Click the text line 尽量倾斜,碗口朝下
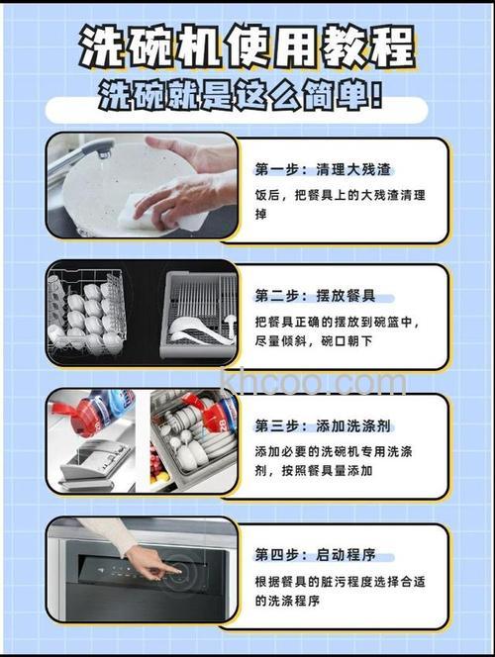[x=317, y=342]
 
